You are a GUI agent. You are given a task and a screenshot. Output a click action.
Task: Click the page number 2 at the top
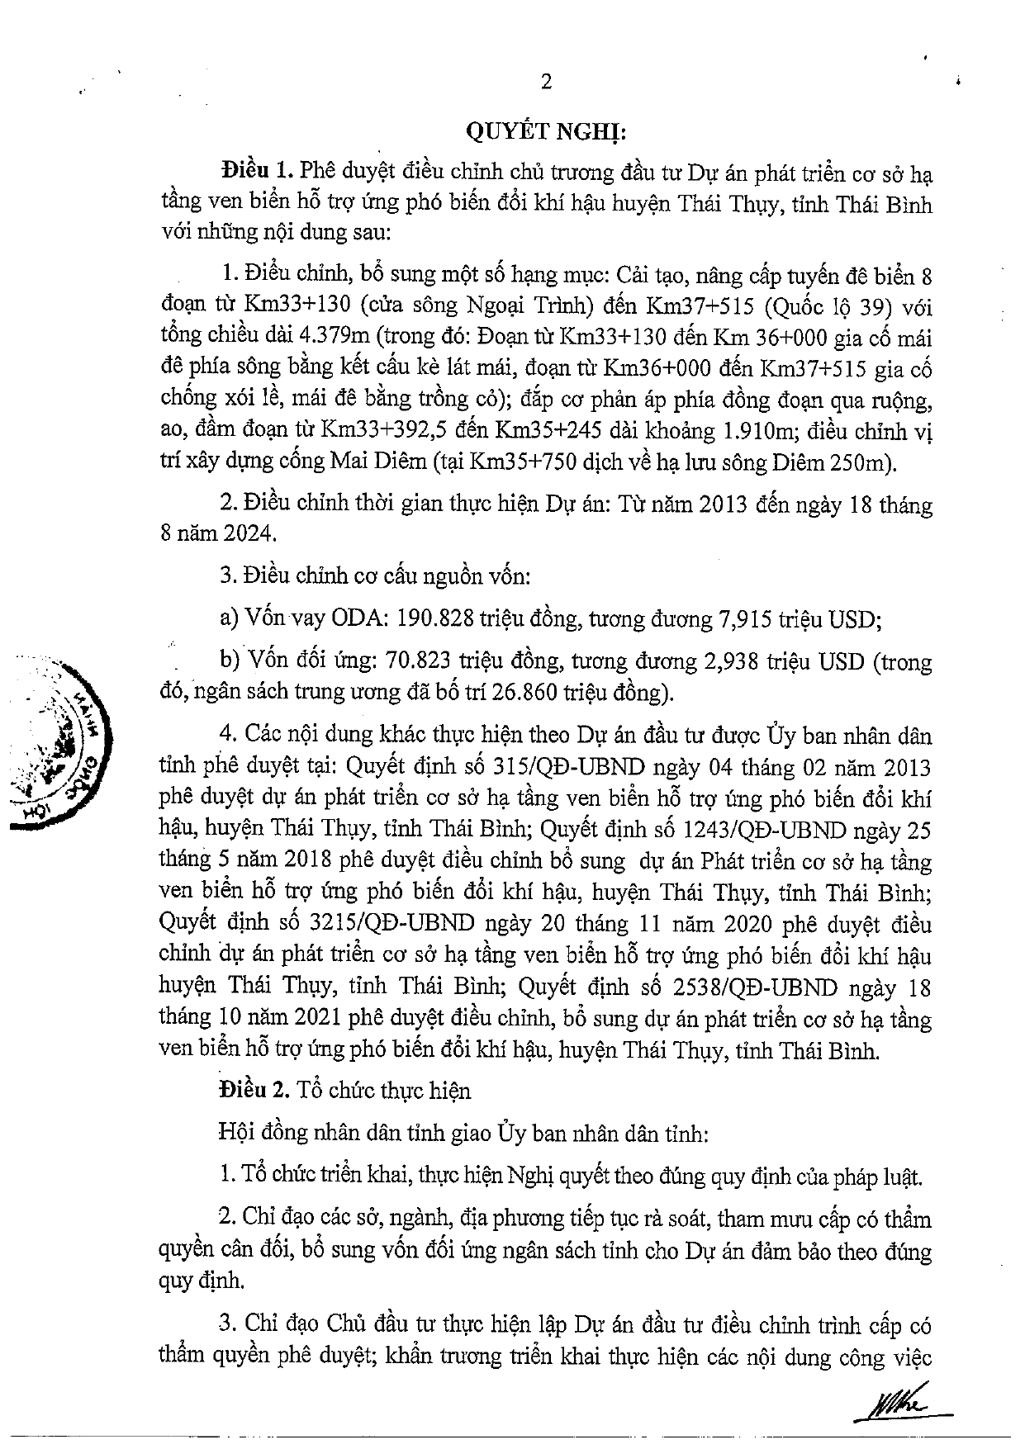point(544,81)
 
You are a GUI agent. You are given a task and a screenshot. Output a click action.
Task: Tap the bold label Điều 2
point(254,1091)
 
